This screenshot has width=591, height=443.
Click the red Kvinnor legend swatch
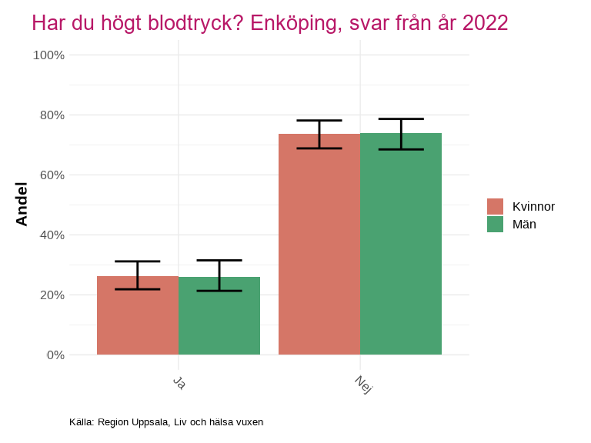point(495,206)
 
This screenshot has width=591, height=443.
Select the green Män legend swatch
point(495,224)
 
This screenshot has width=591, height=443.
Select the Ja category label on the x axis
point(179,382)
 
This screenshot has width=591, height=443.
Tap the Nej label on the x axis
point(363,384)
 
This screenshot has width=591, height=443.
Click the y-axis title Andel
point(22,204)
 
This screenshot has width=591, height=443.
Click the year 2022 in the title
point(485,23)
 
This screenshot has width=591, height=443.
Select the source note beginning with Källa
point(166,421)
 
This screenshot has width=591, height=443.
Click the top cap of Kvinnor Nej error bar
point(319,121)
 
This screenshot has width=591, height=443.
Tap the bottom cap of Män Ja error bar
point(219,291)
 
